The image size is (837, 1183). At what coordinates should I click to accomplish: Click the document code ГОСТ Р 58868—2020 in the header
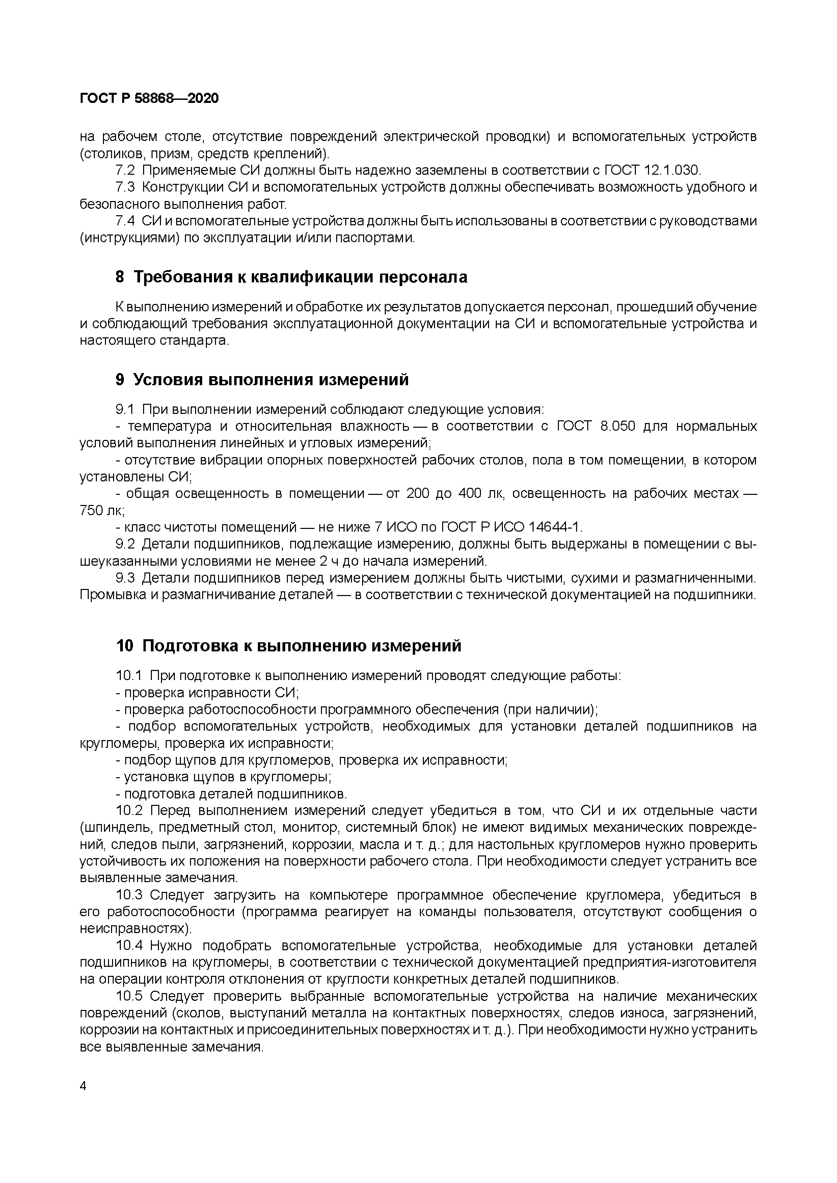coord(150,98)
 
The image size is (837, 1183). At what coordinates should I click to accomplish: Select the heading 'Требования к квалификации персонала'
coord(300,277)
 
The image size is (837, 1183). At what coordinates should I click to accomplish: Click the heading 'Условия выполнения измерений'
coord(271,380)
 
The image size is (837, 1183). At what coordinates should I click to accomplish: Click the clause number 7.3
coord(125,187)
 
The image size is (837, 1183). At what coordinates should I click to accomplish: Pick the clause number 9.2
coord(125,544)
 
